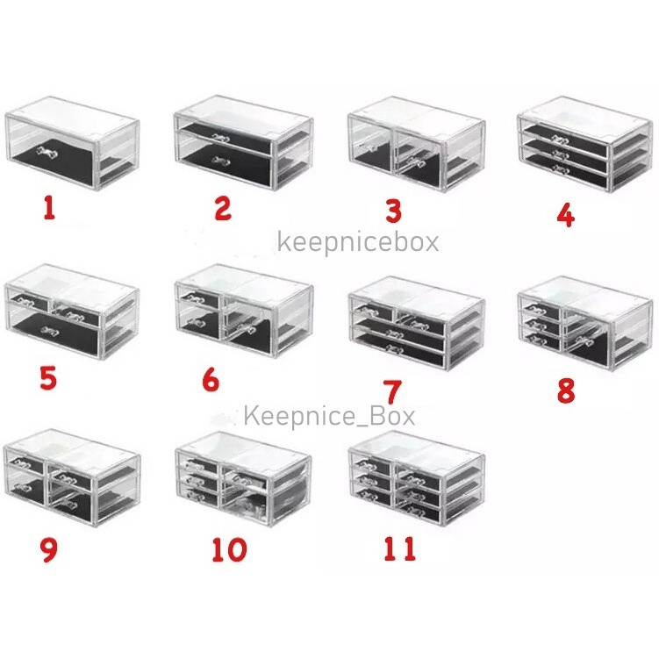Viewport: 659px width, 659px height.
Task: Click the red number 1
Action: pyautogui.click(x=50, y=209)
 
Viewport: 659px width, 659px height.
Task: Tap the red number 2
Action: pyautogui.click(x=223, y=209)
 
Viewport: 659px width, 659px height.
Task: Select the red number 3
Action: pyautogui.click(x=393, y=211)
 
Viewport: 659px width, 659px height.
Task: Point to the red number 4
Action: pyautogui.click(x=565, y=216)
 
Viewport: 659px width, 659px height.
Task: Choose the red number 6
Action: pyautogui.click(x=211, y=380)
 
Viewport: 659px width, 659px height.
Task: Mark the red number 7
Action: pyautogui.click(x=394, y=391)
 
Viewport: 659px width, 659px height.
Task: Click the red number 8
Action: pyautogui.click(x=566, y=390)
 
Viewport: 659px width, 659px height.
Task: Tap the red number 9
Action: pyautogui.click(x=48, y=551)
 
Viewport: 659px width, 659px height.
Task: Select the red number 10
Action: pyautogui.click(x=229, y=549)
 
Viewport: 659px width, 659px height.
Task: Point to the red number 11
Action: pyautogui.click(x=399, y=549)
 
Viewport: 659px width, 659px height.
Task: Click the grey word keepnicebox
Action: pyautogui.click(x=358, y=243)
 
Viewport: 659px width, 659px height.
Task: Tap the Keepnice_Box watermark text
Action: pyautogui.click(x=330, y=416)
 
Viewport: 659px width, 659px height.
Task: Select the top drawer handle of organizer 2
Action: pyautogui.click(x=221, y=136)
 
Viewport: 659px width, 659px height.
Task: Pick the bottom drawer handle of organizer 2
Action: pyautogui.click(x=220, y=160)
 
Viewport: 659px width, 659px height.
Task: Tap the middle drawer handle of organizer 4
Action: pyautogui.click(x=560, y=154)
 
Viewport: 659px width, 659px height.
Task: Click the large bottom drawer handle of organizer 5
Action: pyautogui.click(x=48, y=330)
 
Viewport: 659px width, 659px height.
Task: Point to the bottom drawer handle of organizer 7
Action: pyautogui.click(x=395, y=348)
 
